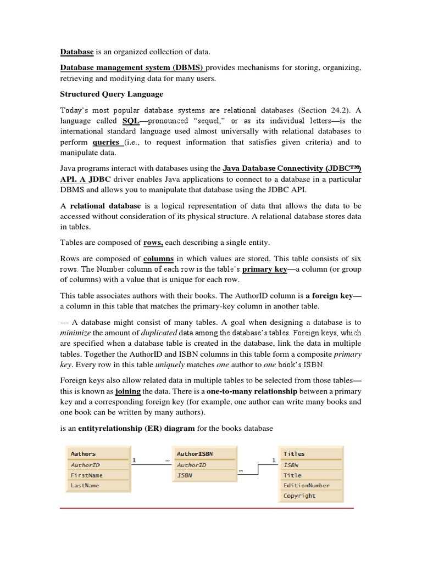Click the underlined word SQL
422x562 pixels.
tap(130, 120)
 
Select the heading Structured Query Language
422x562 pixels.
tap(112, 94)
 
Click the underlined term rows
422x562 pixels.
tap(153, 242)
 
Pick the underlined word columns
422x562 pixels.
tap(158, 258)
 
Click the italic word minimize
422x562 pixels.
tap(75, 333)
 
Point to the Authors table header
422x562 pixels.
tap(84, 454)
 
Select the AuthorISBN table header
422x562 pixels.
tap(195, 454)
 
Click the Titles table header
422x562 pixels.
tap(294, 454)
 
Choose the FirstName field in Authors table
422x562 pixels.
tap(87, 475)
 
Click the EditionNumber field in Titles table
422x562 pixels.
tap(307, 486)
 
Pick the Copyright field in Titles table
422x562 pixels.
tap(299, 496)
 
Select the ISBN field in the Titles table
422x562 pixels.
tap(291, 465)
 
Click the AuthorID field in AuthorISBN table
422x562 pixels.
tap(192, 465)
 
